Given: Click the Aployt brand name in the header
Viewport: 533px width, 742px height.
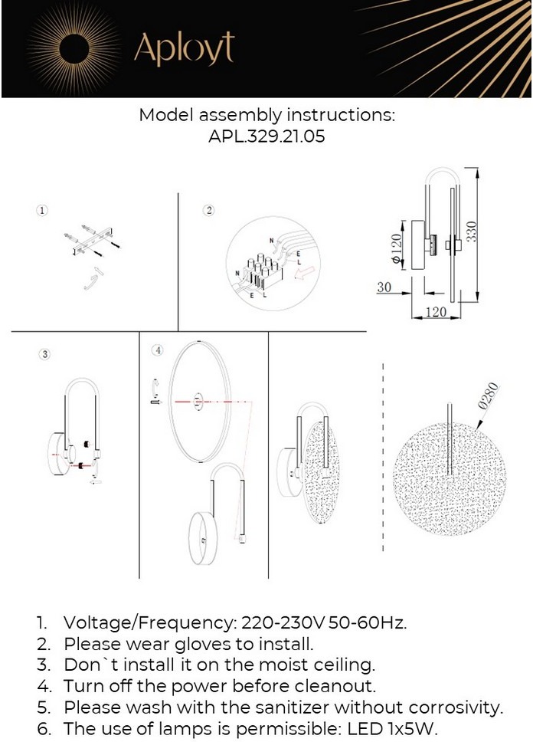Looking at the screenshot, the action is pyautogui.click(x=184, y=48).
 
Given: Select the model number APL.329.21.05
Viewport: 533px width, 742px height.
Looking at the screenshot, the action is pyautogui.click(x=266, y=136).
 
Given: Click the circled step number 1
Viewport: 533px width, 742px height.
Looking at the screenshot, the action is pyautogui.click(x=43, y=210).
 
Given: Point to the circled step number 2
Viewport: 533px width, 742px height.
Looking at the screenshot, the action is pyautogui.click(x=209, y=210).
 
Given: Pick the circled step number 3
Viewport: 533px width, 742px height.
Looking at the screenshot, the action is pyautogui.click(x=44, y=354).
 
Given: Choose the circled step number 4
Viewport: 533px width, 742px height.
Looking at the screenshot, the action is pyautogui.click(x=158, y=350).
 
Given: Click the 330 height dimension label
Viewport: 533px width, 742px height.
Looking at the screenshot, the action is pyautogui.click(x=472, y=231).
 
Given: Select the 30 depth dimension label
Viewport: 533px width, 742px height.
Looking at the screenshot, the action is pyautogui.click(x=384, y=287).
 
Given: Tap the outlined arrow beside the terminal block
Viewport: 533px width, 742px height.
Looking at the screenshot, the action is pyautogui.click(x=303, y=273).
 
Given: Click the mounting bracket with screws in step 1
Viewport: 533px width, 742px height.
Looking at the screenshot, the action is pyautogui.click(x=93, y=241).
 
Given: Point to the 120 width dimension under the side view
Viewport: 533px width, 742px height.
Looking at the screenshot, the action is pyautogui.click(x=436, y=312).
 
